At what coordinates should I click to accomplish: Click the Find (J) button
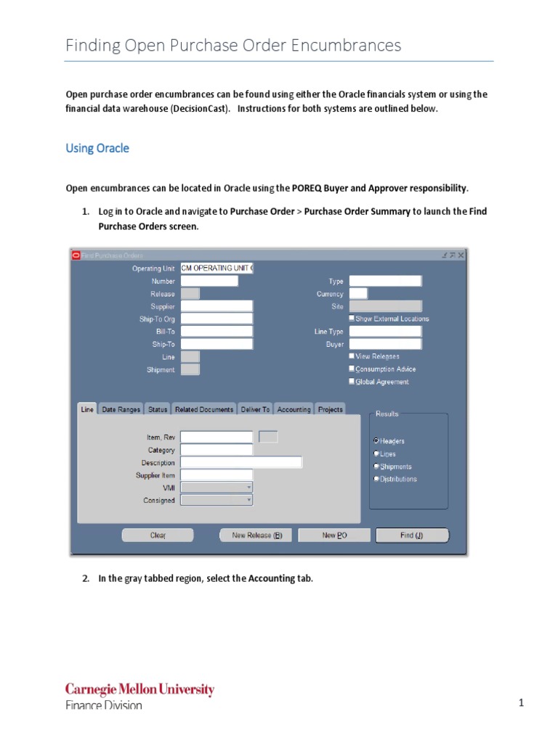point(412,535)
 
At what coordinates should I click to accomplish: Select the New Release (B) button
point(256,535)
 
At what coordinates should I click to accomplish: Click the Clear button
point(158,535)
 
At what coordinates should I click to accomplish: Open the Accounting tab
point(294,409)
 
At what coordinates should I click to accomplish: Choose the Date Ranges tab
point(121,409)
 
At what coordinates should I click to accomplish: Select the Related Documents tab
point(204,409)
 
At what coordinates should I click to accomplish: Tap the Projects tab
point(330,409)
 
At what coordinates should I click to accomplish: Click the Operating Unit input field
point(217,268)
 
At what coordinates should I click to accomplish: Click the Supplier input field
point(217,306)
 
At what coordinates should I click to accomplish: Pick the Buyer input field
point(385,344)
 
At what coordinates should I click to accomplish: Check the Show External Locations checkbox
point(352,319)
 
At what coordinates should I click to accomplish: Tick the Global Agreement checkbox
point(352,382)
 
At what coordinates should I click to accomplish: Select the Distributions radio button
point(376,479)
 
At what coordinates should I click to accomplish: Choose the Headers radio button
point(376,441)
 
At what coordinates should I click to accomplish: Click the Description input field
point(241,462)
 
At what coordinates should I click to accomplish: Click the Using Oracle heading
point(97,148)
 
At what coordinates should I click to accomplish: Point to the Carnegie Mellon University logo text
point(139,689)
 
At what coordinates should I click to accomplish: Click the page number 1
point(521,703)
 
